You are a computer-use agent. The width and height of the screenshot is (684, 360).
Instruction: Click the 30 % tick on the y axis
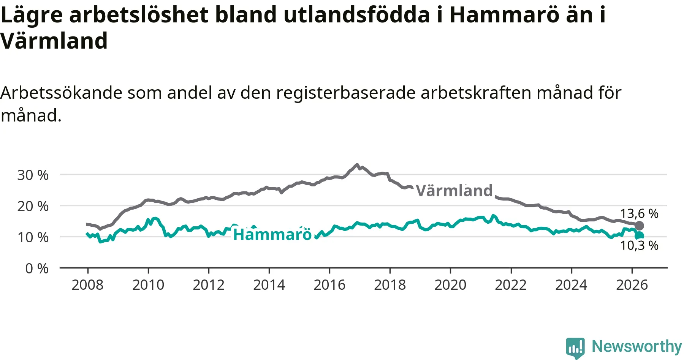coord(33,175)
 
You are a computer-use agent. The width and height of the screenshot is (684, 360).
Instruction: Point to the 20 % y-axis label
coord(33,206)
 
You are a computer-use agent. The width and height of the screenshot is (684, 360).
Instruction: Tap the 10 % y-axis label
coord(33,237)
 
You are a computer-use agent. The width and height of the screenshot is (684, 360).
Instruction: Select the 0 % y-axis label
coord(37,268)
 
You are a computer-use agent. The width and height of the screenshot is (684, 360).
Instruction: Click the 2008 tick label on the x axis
coord(87,285)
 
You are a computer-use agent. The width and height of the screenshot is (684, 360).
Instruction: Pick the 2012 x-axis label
coord(209,285)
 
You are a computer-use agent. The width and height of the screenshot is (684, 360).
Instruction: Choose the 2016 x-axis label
coord(329,285)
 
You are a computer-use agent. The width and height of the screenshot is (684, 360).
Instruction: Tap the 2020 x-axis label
coord(450,285)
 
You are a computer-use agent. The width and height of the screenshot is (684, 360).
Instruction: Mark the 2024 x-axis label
coord(571,285)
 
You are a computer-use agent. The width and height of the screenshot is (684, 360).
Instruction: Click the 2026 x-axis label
coord(632,285)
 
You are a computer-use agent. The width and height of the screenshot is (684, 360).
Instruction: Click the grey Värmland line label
coord(454,191)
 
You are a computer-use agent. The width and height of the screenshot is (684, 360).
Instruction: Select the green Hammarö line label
coord(272,235)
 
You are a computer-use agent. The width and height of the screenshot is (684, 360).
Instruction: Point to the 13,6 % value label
coord(639,213)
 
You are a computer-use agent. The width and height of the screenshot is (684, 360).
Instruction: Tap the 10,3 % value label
coord(639,245)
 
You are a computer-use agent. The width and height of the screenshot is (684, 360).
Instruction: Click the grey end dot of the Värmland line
coord(640,226)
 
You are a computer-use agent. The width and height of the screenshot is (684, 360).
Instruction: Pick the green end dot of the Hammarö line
coord(640,236)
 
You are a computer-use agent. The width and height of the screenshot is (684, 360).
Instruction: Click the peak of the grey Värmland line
coord(356,165)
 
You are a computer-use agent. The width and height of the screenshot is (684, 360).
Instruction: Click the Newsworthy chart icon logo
coord(575,348)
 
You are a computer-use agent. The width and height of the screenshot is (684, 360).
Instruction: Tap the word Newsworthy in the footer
coord(637,346)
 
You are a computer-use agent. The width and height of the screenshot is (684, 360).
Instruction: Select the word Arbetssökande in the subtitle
coord(62,93)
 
